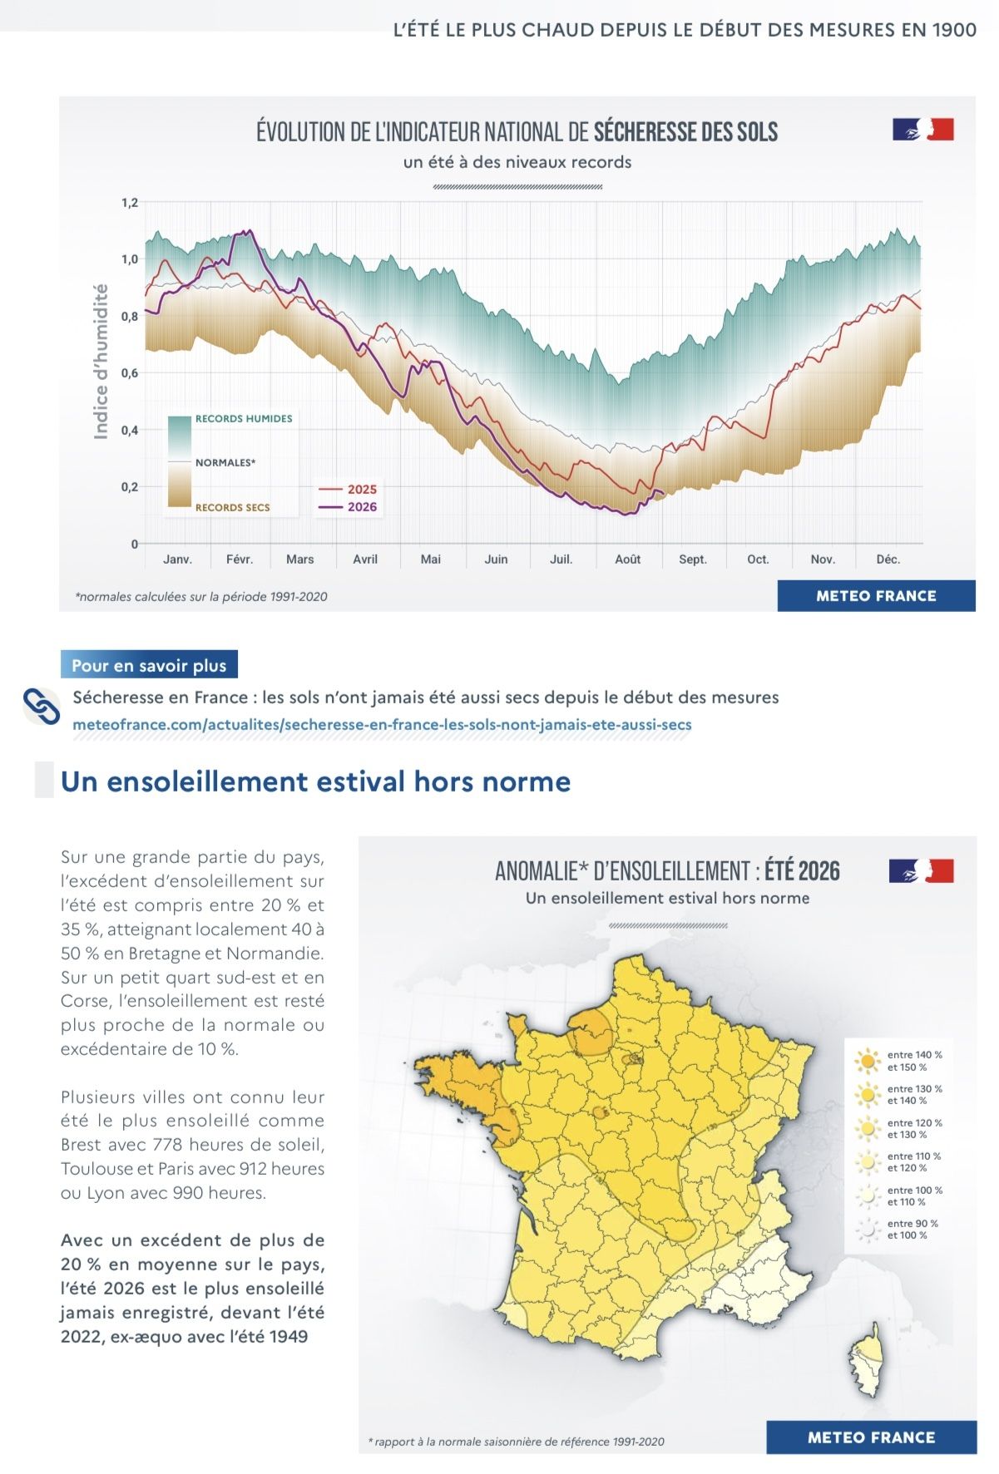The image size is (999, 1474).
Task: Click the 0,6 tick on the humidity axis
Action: (129, 373)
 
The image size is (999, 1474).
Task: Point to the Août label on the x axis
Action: (628, 560)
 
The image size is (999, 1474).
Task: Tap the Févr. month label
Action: (240, 560)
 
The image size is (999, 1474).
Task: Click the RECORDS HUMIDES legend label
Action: (244, 419)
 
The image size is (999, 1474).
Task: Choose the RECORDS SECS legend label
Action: (233, 507)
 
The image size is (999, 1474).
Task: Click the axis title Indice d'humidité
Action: (101, 361)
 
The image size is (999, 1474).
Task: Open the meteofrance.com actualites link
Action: (383, 724)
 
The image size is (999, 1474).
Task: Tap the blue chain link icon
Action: (42, 707)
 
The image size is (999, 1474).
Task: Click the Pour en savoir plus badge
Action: (149, 665)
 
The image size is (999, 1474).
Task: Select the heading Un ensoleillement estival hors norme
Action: (316, 781)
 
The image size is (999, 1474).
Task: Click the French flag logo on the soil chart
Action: (923, 130)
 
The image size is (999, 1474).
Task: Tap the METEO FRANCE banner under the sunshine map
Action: (872, 1437)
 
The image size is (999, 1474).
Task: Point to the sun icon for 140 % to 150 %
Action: (868, 1061)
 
